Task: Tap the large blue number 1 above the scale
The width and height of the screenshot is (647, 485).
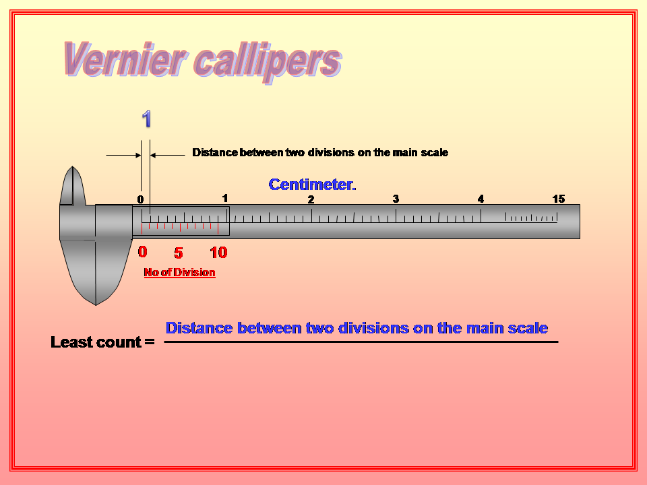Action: pyautogui.click(x=146, y=120)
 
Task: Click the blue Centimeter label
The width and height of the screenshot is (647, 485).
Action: pyautogui.click(x=312, y=185)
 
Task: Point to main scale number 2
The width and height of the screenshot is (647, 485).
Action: pyautogui.click(x=311, y=199)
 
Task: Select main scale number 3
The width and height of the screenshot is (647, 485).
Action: pyautogui.click(x=396, y=199)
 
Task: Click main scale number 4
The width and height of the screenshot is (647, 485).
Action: pyautogui.click(x=481, y=199)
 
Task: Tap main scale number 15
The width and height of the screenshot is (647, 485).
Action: pyautogui.click(x=558, y=199)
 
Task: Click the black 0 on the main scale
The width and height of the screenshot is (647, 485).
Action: pyautogui.click(x=140, y=199)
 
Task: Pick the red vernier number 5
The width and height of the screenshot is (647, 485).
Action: pyautogui.click(x=178, y=253)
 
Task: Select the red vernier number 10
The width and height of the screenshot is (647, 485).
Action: pyautogui.click(x=218, y=253)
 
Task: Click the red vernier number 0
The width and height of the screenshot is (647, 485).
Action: pyautogui.click(x=142, y=252)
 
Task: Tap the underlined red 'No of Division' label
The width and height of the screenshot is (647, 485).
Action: pyautogui.click(x=179, y=273)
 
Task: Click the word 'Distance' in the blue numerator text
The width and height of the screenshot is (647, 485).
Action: pyautogui.click(x=199, y=328)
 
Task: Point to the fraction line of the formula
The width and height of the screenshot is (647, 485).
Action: pyautogui.click(x=361, y=342)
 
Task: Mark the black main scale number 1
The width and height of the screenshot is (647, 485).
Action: pyautogui.click(x=225, y=198)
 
